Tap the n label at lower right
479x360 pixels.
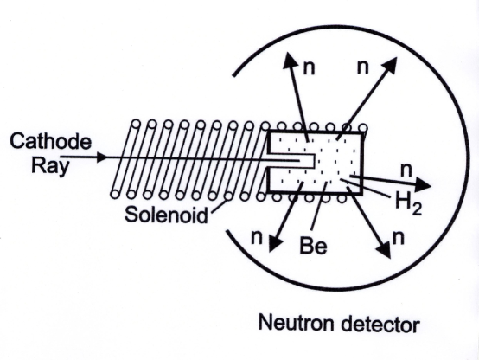click(x=398, y=235)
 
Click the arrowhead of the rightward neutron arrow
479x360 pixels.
click(x=423, y=183)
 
